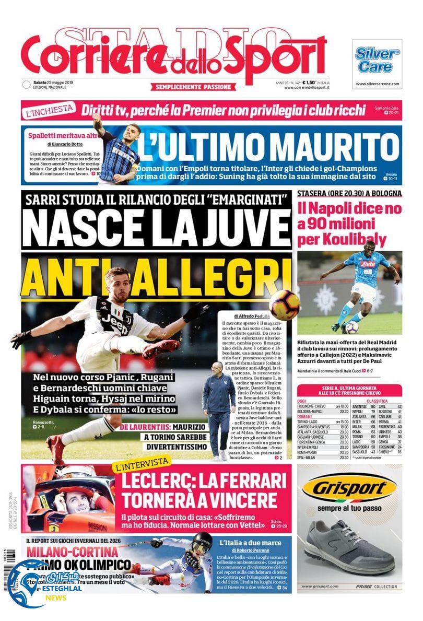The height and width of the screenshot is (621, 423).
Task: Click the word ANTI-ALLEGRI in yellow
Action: click(x=156, y=271)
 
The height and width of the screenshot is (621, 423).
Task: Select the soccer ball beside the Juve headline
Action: click(x=284, y=304)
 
